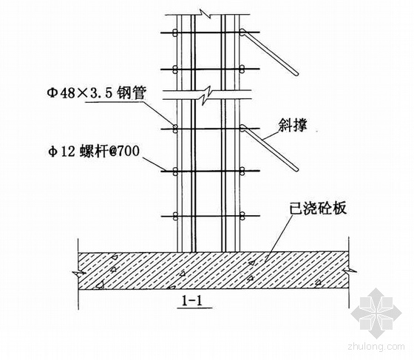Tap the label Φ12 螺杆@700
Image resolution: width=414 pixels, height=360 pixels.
93,152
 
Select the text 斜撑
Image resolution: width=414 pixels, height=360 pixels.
293,125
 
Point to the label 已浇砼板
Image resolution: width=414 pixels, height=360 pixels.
318,208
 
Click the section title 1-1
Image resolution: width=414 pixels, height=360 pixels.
192,300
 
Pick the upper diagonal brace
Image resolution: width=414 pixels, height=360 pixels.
269,52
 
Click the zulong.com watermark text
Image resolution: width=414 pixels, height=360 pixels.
376,347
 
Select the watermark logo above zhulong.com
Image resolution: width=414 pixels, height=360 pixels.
376,313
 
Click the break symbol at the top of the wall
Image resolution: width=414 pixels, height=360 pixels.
206,14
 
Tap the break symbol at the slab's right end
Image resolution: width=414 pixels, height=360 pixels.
349,271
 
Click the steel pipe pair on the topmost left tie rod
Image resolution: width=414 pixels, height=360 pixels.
174,33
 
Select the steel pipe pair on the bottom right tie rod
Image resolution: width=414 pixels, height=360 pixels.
242,216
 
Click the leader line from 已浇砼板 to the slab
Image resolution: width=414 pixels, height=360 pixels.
279,238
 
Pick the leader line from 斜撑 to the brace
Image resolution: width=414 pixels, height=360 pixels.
271,135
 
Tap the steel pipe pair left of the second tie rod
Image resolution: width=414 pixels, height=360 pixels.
174,69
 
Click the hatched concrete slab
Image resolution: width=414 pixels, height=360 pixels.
213,270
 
